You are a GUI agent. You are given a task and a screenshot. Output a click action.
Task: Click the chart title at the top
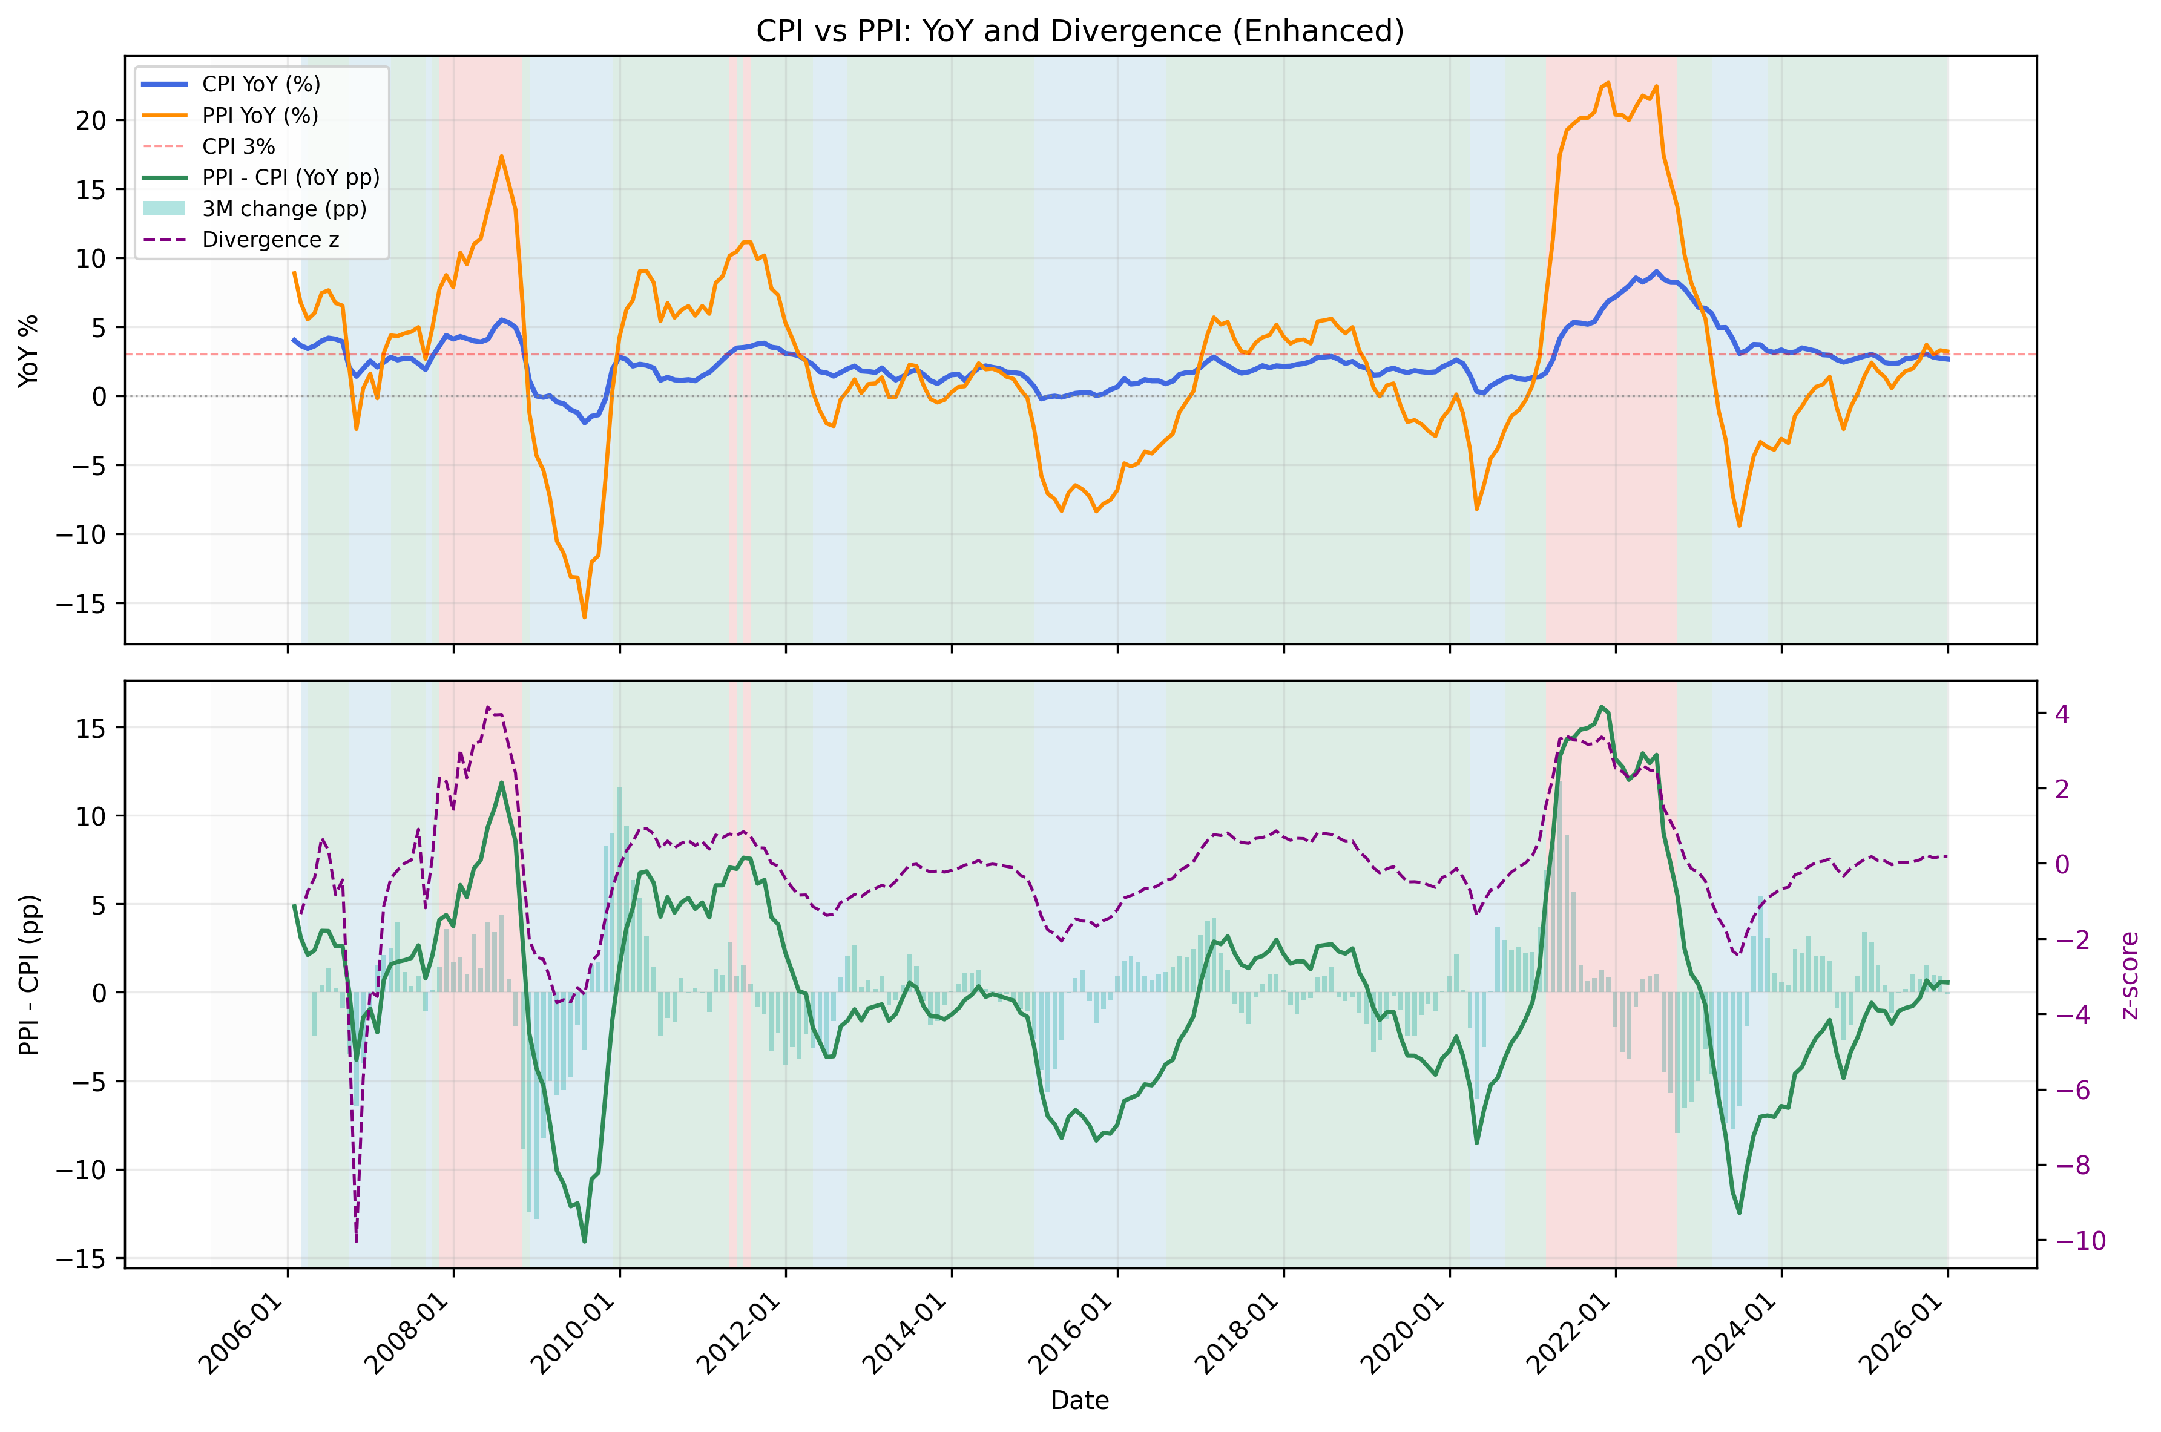click(1079, 31)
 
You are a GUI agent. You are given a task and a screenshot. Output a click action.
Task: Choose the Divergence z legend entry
click(271, 239)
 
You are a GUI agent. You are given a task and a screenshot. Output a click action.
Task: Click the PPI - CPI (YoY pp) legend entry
click(291, 177)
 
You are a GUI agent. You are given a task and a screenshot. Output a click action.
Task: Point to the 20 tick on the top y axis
click(91, 120)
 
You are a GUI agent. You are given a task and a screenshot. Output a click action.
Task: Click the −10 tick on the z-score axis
click(2080, 1240)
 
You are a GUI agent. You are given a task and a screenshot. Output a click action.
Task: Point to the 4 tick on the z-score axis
click(2062, 713)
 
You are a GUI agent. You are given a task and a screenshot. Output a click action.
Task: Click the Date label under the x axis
click(1079, 1400)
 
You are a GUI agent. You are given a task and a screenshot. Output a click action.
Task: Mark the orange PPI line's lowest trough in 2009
click(585, 617)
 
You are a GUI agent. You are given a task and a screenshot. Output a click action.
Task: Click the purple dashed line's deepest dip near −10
click(356, 1240)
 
